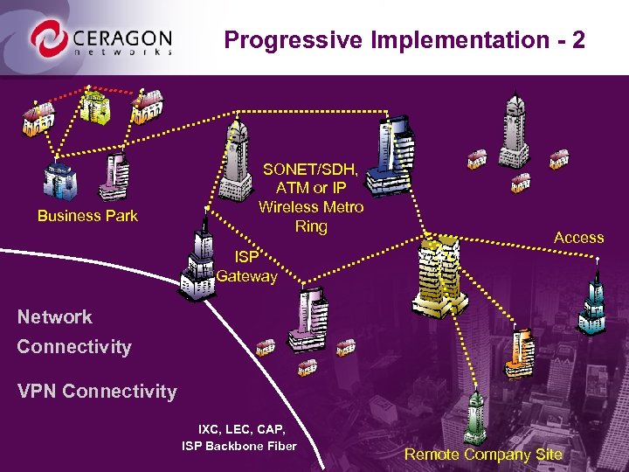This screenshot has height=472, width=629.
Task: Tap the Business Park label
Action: click(x=87, y=216)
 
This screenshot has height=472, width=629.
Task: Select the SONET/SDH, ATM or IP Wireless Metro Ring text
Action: click(x=311, y=197)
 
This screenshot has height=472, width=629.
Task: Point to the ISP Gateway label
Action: click(x=246, y=267)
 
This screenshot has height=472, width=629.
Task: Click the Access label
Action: click(x=578, y=237)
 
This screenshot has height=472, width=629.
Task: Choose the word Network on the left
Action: click(x=54, y=317)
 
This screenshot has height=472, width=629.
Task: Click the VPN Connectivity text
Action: click(x=97, y=392)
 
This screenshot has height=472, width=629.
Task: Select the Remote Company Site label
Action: click(x=483, y=455)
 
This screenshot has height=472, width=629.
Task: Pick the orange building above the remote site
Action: click(x=522, y=351)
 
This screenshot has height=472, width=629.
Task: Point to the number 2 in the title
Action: click(x=577, y=39)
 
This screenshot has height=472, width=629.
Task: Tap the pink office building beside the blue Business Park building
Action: click(x=114, y=178)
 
